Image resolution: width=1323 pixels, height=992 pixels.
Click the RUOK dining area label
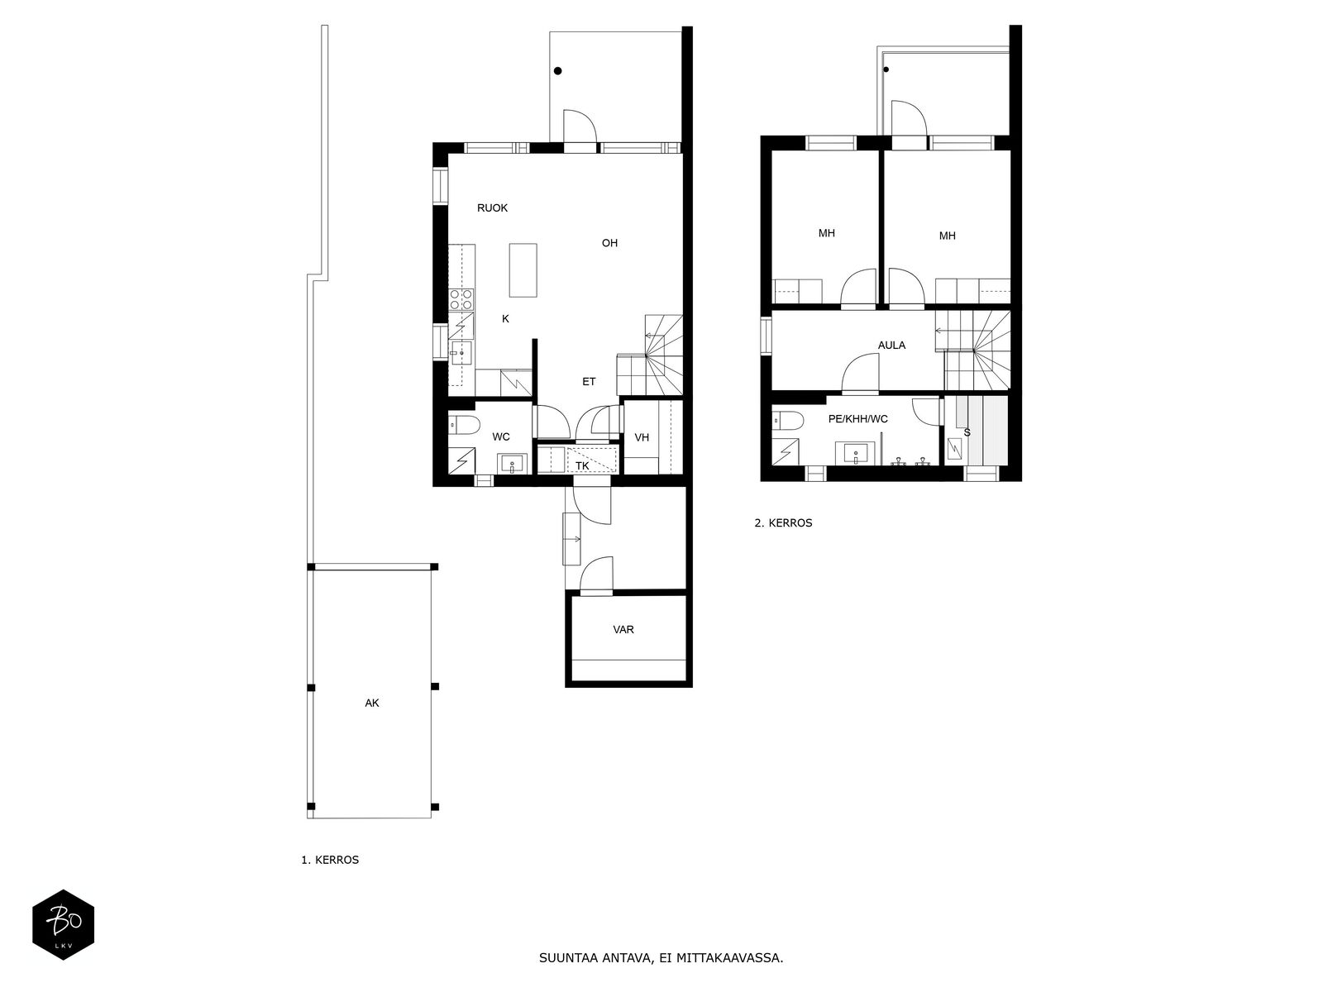point(492,207)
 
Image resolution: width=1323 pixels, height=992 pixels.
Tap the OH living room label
point(609,243)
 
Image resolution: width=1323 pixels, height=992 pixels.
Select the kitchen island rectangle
point(523,269)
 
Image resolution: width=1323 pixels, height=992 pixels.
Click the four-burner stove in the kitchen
point(461,299)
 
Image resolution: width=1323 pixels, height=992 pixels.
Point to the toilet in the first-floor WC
point(464,425)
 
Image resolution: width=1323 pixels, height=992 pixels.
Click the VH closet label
point(642,437)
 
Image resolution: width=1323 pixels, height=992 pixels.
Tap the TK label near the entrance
point(581,465)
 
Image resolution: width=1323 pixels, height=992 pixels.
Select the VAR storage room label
point(623,629)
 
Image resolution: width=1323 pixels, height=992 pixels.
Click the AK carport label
point(372,703)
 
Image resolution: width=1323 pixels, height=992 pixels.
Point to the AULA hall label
point(891,345)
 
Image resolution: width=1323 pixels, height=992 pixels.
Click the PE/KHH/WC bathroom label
point(857,418)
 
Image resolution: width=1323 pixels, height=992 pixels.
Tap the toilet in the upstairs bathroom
point(788,421)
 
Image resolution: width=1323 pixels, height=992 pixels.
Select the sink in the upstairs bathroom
point(855,453)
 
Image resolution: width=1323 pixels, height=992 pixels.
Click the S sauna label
point(967,432)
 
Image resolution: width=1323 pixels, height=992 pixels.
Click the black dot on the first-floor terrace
point(557,70)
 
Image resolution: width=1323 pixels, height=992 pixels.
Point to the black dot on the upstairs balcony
point(886,69)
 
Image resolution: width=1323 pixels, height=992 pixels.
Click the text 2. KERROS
point(783,522)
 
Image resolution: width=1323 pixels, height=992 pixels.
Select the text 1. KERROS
point(330,860)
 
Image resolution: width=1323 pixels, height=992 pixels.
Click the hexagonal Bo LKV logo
point(64,924)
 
